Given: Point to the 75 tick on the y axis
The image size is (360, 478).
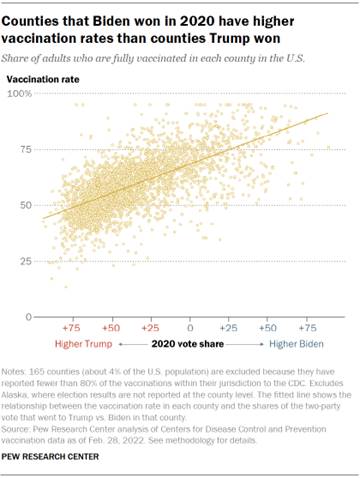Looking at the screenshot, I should pyautogui.click(x=22, y=149).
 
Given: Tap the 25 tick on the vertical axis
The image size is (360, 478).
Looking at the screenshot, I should pyautogui.click(x=22, y=261).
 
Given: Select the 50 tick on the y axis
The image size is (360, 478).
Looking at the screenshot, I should pyautogui.click(x=22, y=205).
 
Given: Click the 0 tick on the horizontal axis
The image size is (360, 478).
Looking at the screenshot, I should pyautogui.click(x=190, y=326).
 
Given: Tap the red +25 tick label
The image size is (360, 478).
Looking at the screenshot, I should pyautogui.click(x=150, y=326).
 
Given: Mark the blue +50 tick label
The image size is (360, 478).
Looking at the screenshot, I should pyautogui.click(x=268, y=326).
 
